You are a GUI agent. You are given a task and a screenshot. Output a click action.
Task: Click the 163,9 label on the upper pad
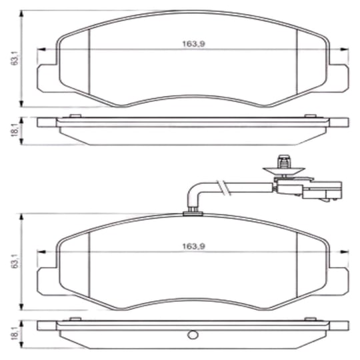tap(193, 44)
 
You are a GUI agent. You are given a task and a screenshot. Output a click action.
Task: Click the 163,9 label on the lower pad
tap(193, 247)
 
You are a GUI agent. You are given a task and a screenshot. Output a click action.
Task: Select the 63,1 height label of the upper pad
tap(15, 58)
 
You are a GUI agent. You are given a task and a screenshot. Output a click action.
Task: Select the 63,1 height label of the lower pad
tap(15, 261)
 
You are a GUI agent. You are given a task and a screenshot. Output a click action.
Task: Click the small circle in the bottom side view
tap(193, 335)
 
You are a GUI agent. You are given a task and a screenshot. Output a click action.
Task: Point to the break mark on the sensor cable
tap(223, 187)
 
